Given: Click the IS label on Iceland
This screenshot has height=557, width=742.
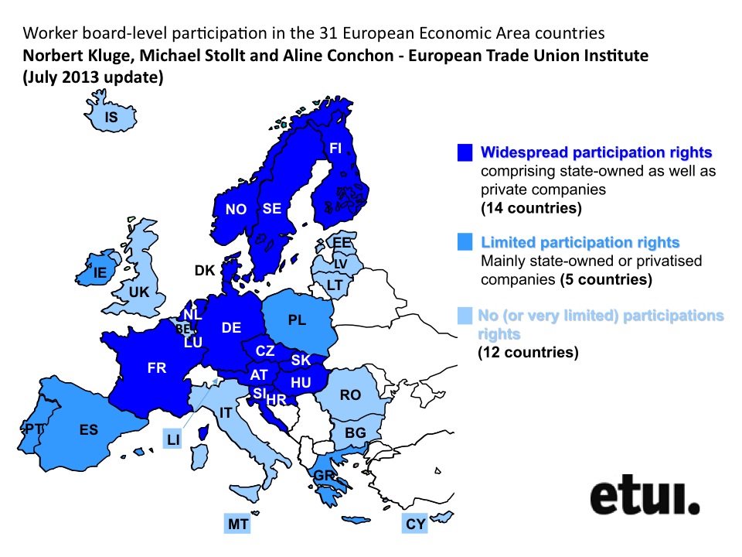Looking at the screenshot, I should coord(111,118).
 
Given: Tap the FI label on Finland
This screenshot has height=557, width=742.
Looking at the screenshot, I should coord(335,148).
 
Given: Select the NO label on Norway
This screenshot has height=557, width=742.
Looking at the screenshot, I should coord(236,210).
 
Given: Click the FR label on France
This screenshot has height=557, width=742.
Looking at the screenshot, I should coord(157,368).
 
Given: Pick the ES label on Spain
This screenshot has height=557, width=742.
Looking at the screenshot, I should coord(89,429).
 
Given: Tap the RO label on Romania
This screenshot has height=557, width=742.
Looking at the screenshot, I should coord(350,395).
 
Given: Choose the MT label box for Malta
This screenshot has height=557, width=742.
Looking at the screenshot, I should coord(238,525).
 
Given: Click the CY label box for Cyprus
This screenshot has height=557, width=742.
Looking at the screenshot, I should coord(416,525).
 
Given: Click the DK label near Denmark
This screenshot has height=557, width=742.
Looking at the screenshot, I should coord(205,270).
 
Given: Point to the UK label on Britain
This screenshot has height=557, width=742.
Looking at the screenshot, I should coord(139,293).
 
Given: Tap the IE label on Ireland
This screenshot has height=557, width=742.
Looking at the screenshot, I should coord(100,272).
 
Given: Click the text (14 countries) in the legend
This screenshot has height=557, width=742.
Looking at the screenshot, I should coord(530,209).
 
